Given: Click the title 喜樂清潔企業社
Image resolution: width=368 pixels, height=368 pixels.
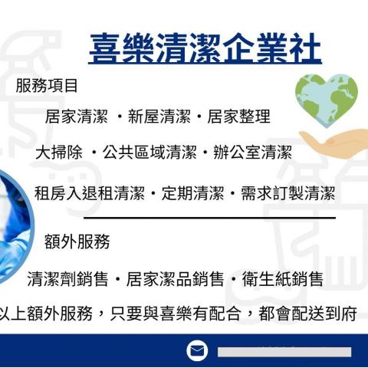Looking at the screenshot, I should pos(205,48).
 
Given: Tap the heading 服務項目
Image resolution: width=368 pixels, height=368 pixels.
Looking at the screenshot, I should pos(47,86).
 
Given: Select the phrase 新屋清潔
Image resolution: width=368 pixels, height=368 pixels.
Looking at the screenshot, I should pos(159,117).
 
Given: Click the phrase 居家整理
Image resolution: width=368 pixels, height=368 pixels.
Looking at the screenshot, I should pos(238,117).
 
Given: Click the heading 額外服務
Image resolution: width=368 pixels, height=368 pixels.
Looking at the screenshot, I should pos(77,242).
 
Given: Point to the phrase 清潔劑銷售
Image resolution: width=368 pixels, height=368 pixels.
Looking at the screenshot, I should pos(67,278).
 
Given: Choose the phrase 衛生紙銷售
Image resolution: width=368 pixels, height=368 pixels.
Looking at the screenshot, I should pos(284,278).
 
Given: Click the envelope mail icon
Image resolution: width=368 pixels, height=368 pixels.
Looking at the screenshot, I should pos(197,350).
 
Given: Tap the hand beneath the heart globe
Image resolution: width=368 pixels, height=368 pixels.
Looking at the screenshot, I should pos(333,143).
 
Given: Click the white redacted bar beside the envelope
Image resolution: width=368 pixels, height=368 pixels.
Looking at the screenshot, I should pos(284,351).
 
